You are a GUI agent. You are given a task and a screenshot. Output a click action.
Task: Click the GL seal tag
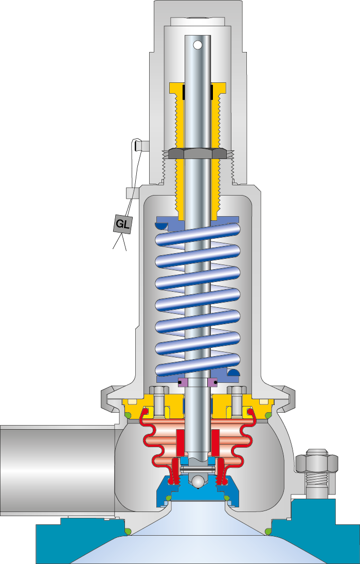122,224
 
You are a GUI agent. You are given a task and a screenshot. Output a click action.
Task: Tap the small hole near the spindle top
197,45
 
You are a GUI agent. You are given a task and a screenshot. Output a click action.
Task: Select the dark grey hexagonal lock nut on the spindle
197,153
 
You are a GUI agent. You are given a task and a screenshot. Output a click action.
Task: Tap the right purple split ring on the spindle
213,382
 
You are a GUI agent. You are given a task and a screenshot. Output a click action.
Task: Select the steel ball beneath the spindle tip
197,480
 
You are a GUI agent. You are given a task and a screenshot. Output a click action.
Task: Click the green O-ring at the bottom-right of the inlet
268,531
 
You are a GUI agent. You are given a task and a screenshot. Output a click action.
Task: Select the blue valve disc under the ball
197,492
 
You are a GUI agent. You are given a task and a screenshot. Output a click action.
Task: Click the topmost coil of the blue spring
197,236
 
